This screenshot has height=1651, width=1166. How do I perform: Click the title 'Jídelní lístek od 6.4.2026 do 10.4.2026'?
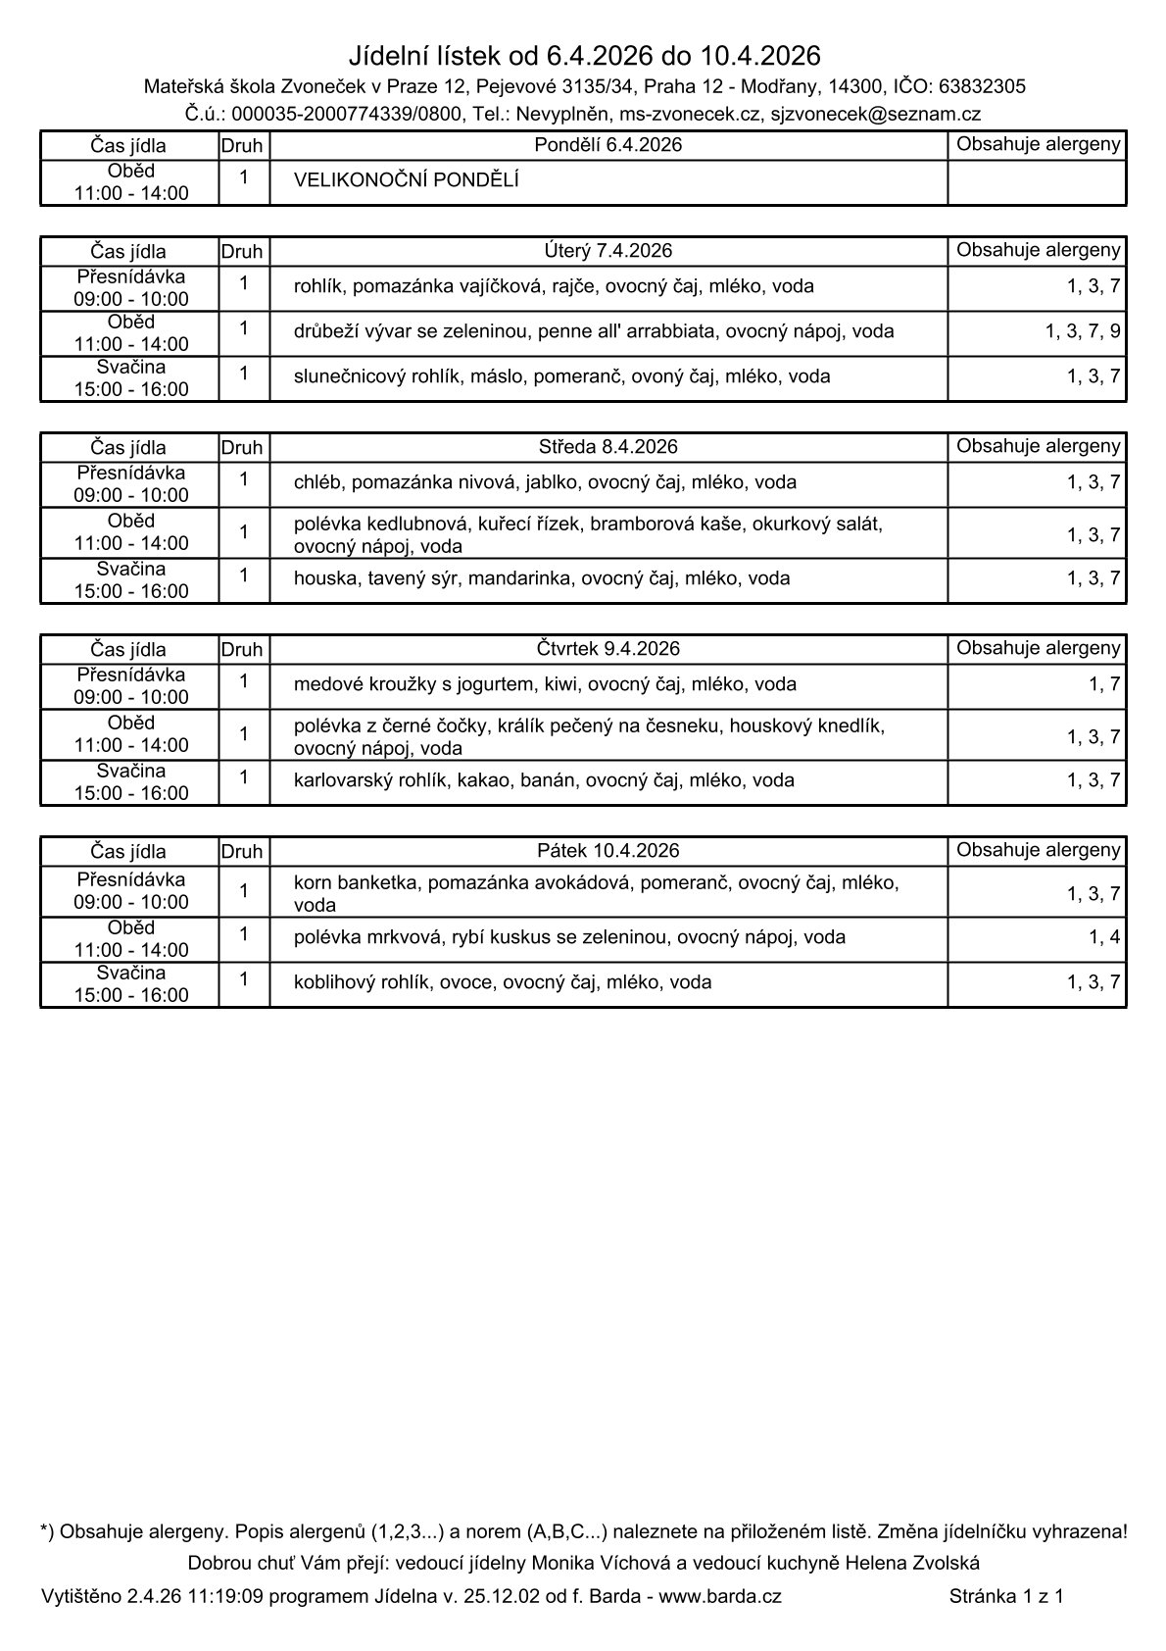[584, 55]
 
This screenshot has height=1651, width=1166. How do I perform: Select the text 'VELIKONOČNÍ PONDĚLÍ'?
[406, 180]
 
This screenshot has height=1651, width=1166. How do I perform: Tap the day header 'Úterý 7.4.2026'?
[607, 250]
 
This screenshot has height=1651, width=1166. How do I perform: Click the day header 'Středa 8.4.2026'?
[607, 447]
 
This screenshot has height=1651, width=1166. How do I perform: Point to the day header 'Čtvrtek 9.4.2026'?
[607, 648]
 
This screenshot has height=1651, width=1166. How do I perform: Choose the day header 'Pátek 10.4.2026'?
[607, 850]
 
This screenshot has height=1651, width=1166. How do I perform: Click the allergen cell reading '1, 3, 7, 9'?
[1082, 331]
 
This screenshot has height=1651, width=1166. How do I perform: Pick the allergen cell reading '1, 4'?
[1103, 937]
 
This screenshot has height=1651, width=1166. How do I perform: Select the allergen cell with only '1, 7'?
[1103, 684]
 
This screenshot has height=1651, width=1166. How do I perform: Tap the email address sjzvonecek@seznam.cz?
[875, 114]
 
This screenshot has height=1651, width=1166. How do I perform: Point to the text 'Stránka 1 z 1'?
[1005, 1596]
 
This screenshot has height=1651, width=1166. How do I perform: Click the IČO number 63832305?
[982, 86]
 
